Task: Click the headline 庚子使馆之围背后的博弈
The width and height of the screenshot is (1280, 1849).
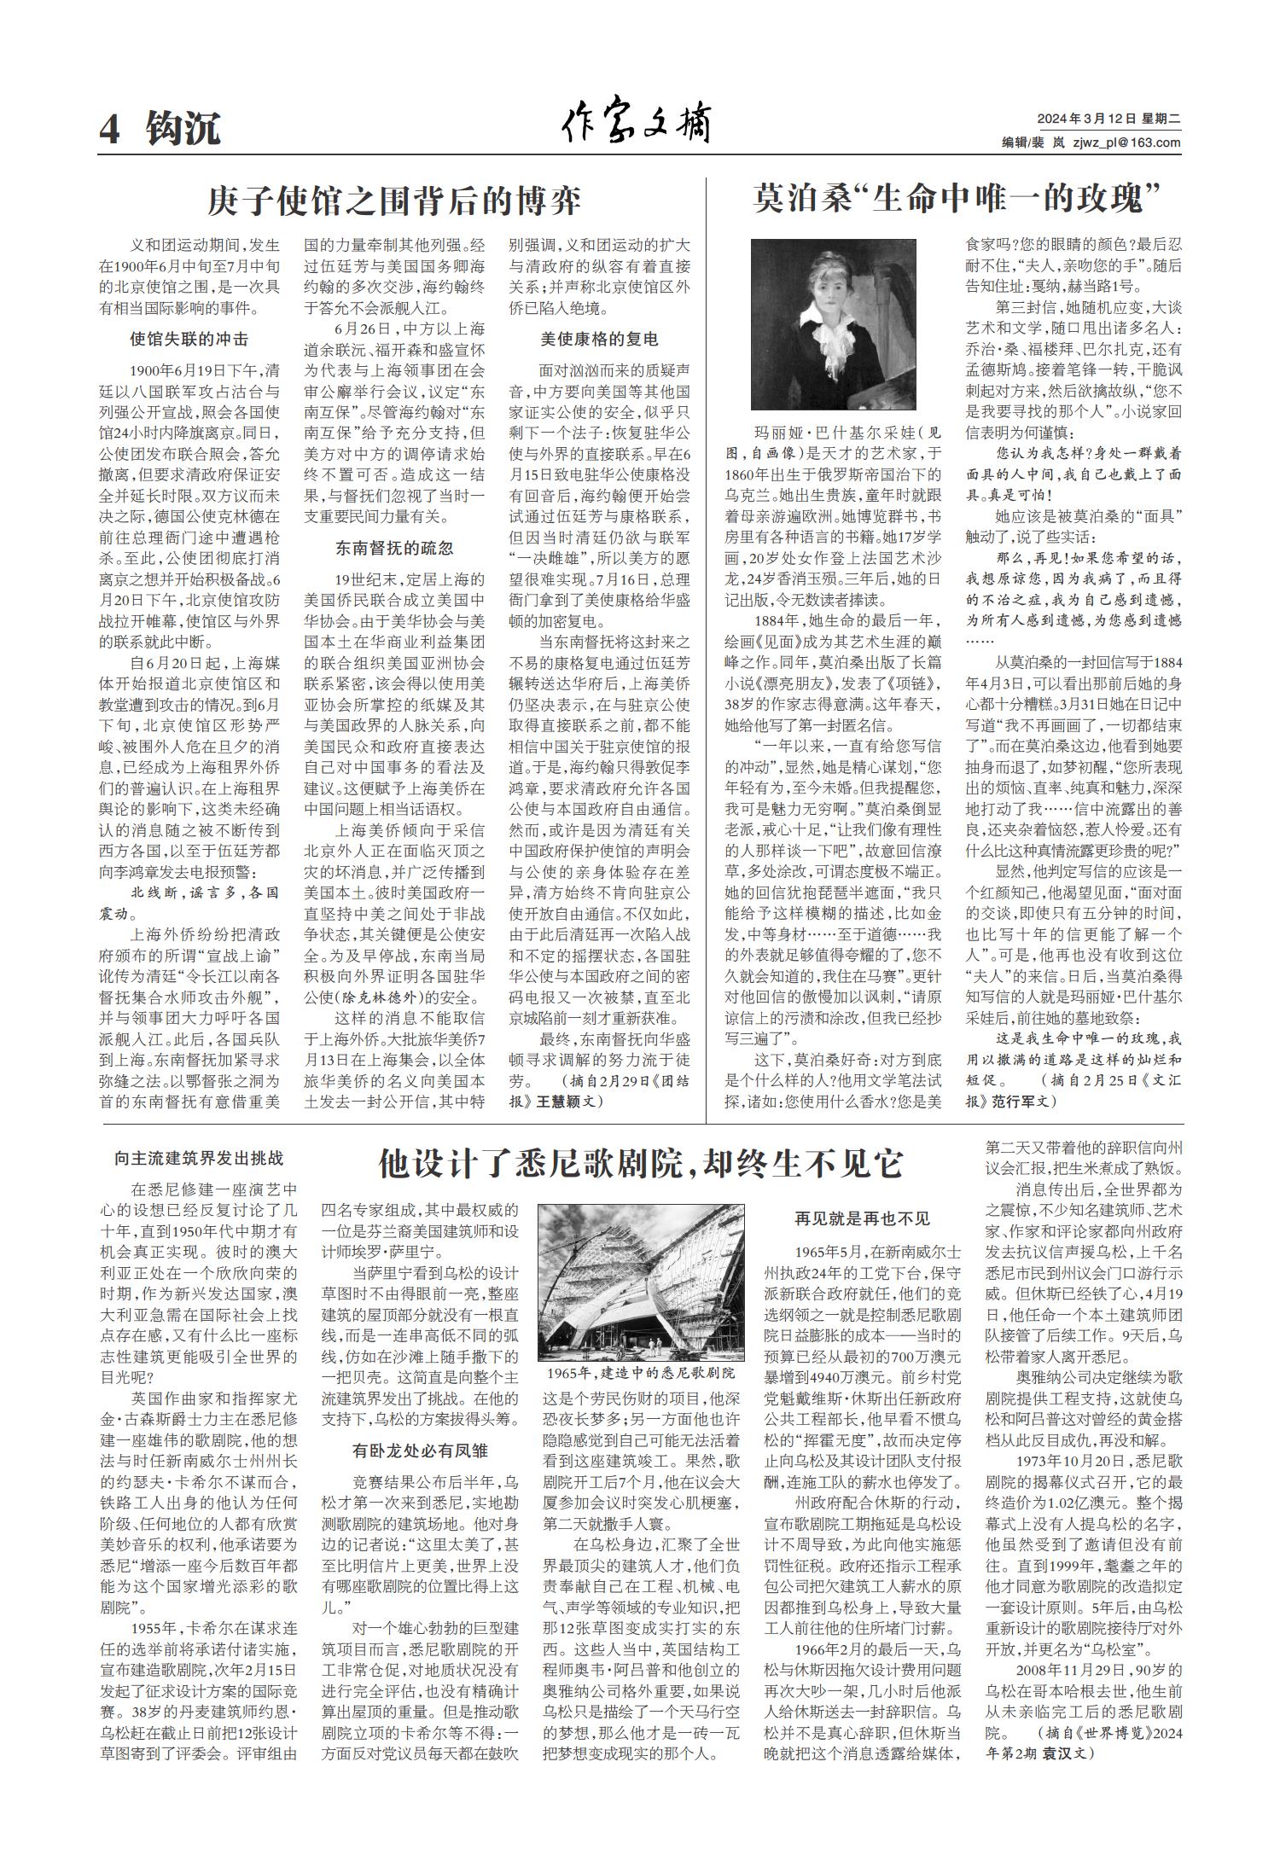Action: [x=394, y=201]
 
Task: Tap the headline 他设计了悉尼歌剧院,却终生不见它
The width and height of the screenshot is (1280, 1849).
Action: [x=640, y=1162]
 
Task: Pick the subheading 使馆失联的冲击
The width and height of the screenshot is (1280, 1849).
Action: [x=189, y=339]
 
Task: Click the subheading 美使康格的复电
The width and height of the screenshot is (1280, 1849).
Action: [x=599, y=339]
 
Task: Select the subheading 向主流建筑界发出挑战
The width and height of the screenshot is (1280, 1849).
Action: [x=199, y=1158]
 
